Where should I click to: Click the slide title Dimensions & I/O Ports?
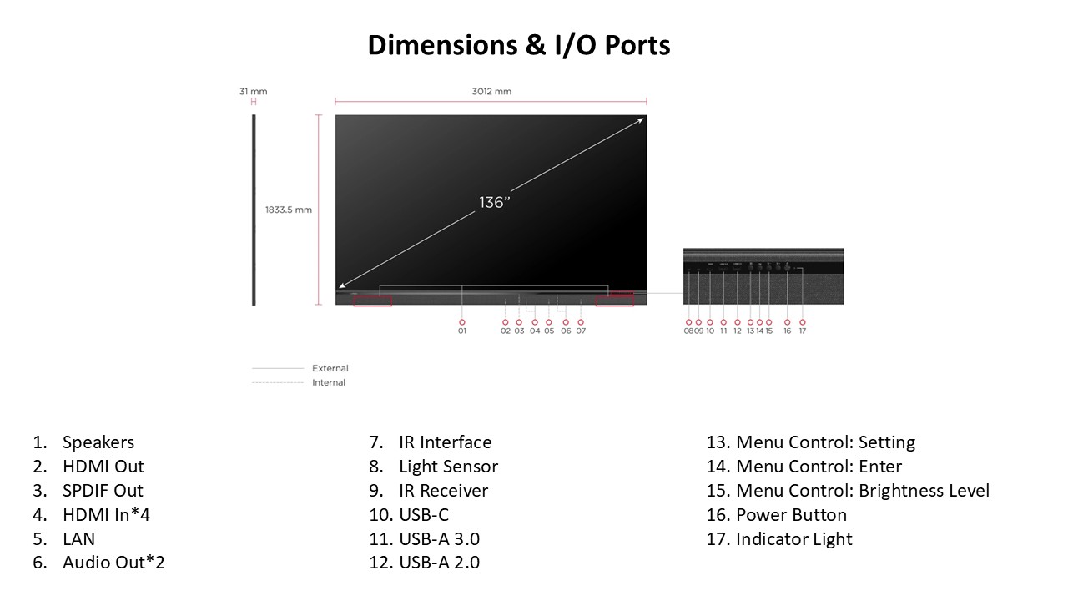tap(518, 45)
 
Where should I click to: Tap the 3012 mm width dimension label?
tap(491, 92)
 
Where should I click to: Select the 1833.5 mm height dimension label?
tap(289, 210)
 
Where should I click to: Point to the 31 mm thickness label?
tap(253, 92)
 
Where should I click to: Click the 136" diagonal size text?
tap(495, 203)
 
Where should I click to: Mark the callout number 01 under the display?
tap(462, 331)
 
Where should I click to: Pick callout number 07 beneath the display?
tap(581, 331)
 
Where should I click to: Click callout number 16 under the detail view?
tap(788, 331)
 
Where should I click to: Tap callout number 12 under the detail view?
tap(738, 331)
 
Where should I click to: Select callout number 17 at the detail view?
tap(803, 331)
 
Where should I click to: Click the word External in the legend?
tap(330, 368)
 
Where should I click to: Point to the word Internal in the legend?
tap(329, 382)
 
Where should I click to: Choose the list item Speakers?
tap(98, 442)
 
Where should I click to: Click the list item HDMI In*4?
tap(106, 515)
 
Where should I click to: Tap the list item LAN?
tap(78, 539)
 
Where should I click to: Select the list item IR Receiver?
tap(443, 491)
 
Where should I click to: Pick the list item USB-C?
tap(424, 515)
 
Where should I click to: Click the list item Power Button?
tap(791, 515)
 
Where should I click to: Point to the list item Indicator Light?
tap(793, 539)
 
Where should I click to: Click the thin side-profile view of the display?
tap(254, 210)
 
